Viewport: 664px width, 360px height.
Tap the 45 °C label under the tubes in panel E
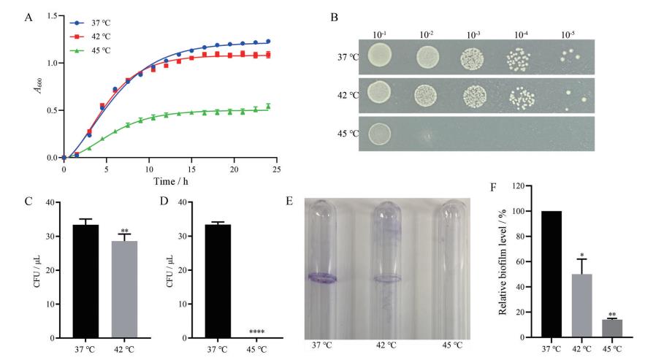pyautogui.click(x=451, y=343)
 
